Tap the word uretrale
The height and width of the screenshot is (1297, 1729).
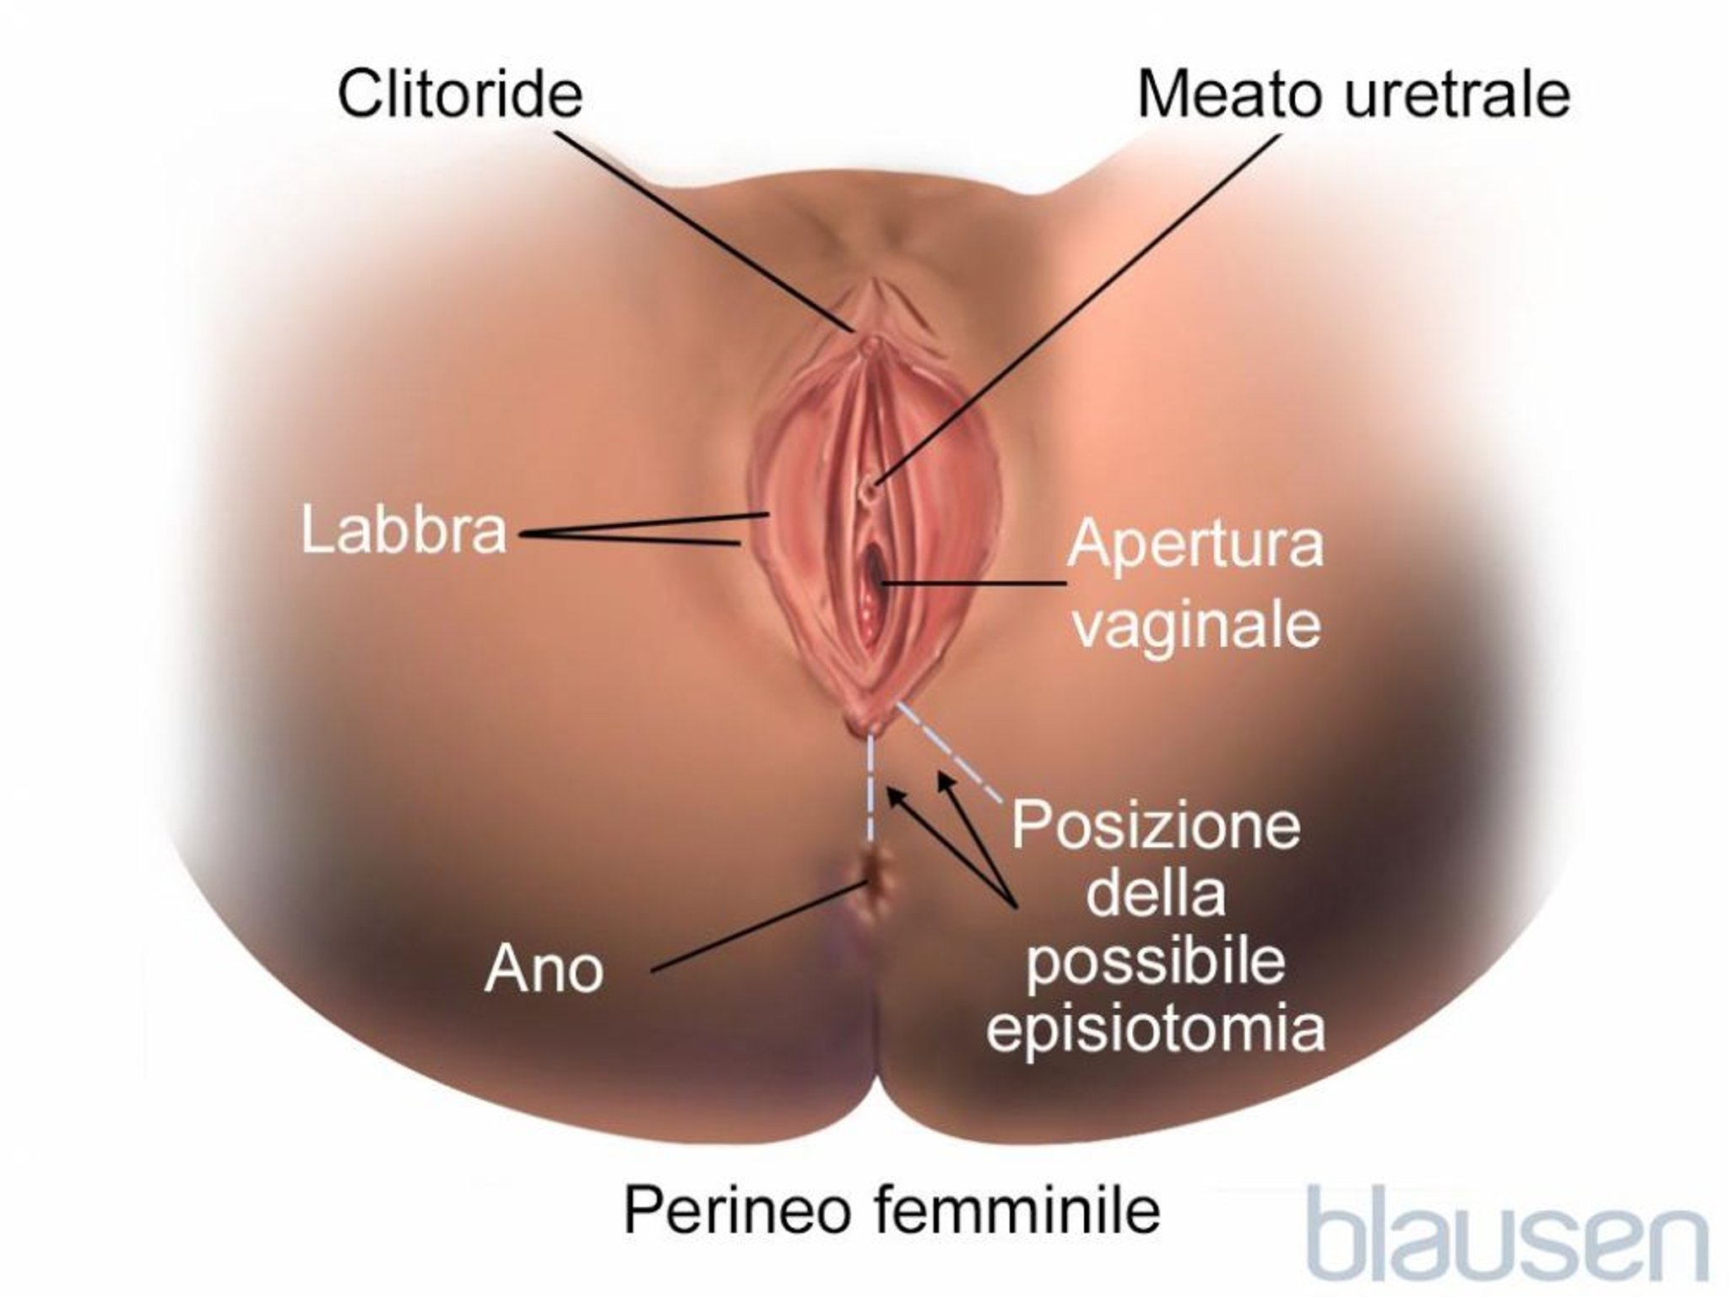pos(1456,95)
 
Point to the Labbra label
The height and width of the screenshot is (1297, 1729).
pos(404,530)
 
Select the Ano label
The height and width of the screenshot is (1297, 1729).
pos(545,970)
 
